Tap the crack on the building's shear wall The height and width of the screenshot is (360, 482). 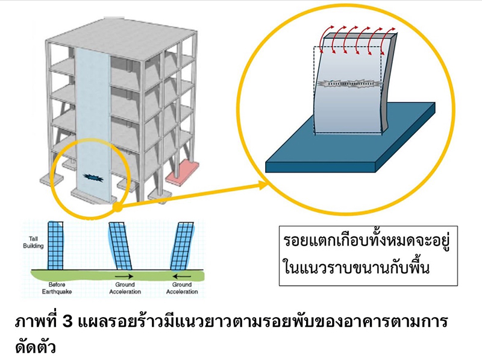click(x=94, y=177)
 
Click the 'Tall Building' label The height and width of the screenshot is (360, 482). click(x=37, y=243)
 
